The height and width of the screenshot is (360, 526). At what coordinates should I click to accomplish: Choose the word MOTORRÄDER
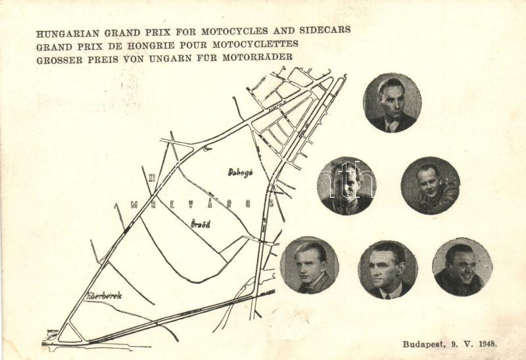257,57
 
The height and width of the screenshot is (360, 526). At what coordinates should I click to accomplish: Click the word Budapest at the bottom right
423,344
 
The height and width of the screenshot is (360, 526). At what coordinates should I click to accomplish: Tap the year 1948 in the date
487,344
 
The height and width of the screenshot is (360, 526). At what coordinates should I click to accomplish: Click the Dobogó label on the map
241,172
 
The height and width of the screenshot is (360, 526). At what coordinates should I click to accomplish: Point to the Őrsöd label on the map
201,223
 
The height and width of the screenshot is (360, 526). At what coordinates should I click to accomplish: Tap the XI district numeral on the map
152,178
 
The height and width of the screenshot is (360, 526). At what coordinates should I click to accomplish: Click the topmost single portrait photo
393,102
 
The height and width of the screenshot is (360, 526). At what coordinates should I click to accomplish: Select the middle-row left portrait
347,186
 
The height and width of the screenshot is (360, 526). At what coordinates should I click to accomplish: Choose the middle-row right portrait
430,185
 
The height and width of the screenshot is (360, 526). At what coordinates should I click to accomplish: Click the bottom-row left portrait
309,265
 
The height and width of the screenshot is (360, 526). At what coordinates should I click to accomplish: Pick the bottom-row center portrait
388,269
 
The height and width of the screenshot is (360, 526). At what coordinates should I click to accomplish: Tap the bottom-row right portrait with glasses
462,267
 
